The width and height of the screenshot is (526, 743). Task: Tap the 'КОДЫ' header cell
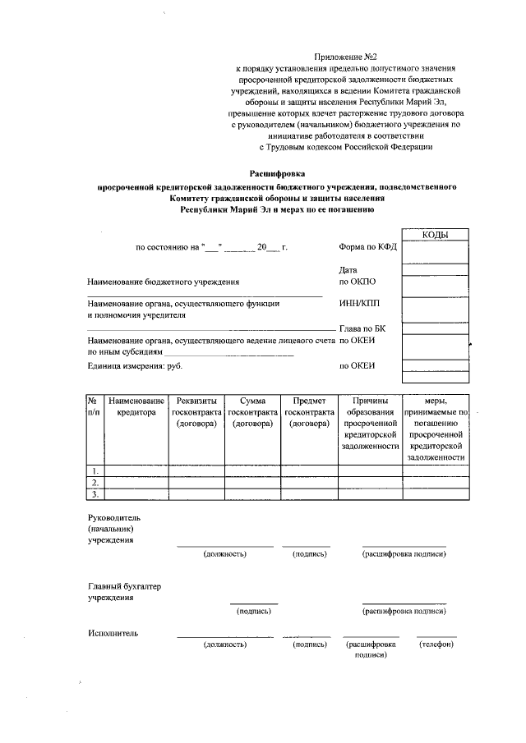[x=435, y=235]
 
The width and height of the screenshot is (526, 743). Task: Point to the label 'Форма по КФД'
[x=367, y=247]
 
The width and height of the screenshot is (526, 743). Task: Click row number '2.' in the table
[x=95, y=483]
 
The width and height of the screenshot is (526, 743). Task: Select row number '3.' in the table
[x=95, y=494]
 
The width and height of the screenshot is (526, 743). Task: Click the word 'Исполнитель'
[x=113, y=633]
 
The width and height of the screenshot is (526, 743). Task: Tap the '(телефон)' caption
[x=436, y=644]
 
